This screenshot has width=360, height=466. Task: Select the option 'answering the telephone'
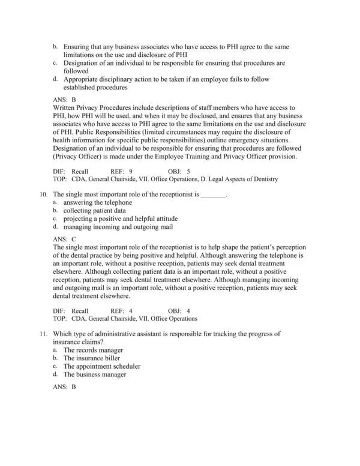click(97, 203)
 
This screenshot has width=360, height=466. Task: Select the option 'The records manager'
click(93, 350)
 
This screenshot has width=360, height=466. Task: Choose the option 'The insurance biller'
click(92, 358)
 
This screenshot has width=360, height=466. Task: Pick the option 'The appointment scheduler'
click(102, 366)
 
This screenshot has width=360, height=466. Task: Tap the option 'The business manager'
click(95, 374)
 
